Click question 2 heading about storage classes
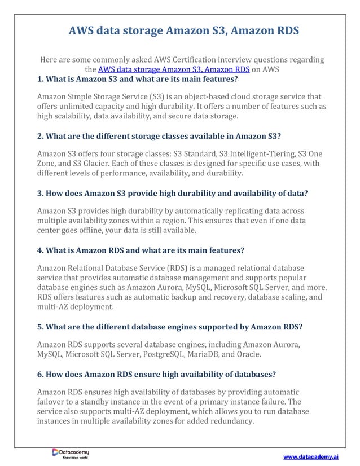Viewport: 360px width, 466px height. pyautogui.click(x=159, y=136)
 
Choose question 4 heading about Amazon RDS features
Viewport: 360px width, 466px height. pyautogui.click(x=141, y=250)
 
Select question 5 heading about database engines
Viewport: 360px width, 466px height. pyautogui.click(x=165, y=327)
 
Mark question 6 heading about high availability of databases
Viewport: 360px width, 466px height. pyautogui.click(x=156, y=373)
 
